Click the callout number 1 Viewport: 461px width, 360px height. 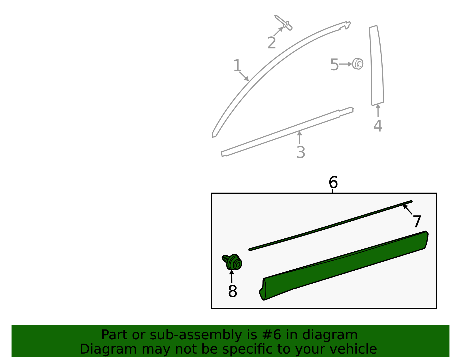237,66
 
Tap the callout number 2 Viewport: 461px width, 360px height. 271,43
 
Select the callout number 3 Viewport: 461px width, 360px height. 301,152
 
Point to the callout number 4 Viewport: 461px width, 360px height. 377,126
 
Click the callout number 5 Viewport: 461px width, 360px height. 334,65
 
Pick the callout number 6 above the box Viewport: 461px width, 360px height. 333,182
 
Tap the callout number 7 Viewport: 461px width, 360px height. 417,221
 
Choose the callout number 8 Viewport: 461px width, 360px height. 233,291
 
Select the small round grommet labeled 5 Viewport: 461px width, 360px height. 358,64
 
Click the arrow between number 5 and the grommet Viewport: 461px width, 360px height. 346,64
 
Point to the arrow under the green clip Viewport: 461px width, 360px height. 232,276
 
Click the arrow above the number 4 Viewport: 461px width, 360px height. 378,110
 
